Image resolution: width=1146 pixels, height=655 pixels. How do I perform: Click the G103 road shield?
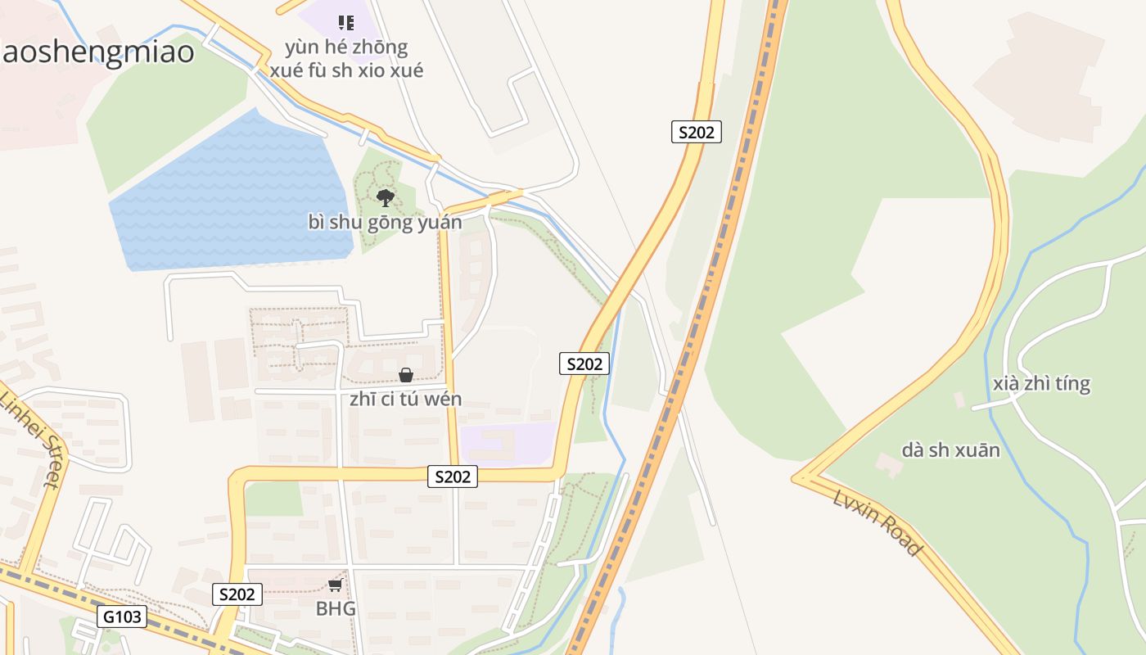(123, 617)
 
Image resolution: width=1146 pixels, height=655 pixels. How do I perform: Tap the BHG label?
(336, 609)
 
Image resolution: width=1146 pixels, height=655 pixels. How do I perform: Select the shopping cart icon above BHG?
(335, 585)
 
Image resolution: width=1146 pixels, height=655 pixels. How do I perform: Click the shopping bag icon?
(405, 375)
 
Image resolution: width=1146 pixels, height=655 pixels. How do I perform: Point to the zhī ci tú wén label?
(405, 400)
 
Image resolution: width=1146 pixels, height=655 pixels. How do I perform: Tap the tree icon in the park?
(385, 197)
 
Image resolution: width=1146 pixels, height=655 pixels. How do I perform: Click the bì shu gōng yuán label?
(385, 222)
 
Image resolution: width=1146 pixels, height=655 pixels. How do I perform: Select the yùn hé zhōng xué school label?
(346, 59)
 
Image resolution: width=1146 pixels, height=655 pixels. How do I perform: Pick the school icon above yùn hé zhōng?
(346, 22)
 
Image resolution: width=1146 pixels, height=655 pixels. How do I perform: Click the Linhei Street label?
(31, 438)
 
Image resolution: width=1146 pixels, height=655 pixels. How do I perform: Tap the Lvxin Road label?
(877, 522)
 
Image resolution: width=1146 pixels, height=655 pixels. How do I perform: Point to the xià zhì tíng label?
(1040, 384)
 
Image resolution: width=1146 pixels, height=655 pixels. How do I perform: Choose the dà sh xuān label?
(950, 450)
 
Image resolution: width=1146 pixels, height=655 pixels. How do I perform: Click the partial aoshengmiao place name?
(97, 52)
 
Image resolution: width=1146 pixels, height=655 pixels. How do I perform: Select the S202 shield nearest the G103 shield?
(237, 594)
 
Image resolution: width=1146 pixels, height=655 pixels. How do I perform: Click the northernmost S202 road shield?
(696, 132)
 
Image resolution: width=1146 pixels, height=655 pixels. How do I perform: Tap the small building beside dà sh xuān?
(888, 464)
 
